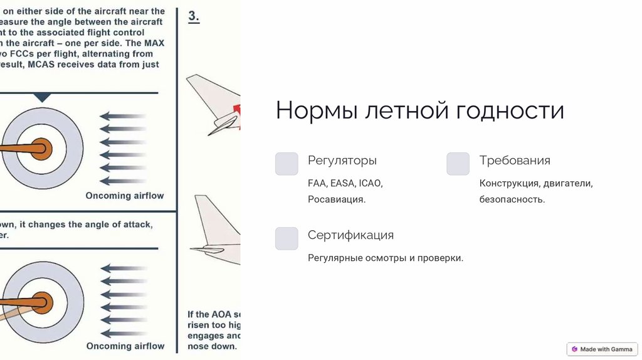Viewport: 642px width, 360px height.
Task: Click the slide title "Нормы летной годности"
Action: pyautogui.click(x=419, y=110)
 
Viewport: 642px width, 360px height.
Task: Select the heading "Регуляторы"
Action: pyautogui.click(x=342, y=161)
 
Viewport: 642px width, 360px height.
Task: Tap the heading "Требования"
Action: pyautogui.click(x=515, y=161)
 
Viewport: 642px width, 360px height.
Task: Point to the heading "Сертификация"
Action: pyautogui.click(x=350, y=235)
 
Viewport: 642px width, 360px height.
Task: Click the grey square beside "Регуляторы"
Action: pyautogui.click(x=287, y=164)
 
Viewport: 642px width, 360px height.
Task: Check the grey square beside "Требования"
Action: pyautogui.click(x=458, y=164)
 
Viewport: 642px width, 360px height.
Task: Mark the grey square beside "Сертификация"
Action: pyautogui.click(x=287, y=238)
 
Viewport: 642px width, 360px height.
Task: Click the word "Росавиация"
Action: pyautogui.click(x=335, y=199)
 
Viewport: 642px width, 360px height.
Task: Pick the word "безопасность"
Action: pyautogui.click(x=511, y=199)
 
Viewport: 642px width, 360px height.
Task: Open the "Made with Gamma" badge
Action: pyautogui.click(x=602, y=349)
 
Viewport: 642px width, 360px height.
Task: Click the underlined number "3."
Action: pyautogui.click(x=194, y=18)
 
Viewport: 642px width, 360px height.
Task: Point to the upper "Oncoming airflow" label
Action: pyautogui.click(x=125, y=196)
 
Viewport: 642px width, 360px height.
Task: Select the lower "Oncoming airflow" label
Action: pyautogui.click(x=125, y=346)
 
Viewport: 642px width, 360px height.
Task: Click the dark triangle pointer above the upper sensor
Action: pyautogui.click(x=42, y=97)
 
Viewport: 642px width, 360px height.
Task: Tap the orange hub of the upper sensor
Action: pyautogui.click(x=42, y=148)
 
